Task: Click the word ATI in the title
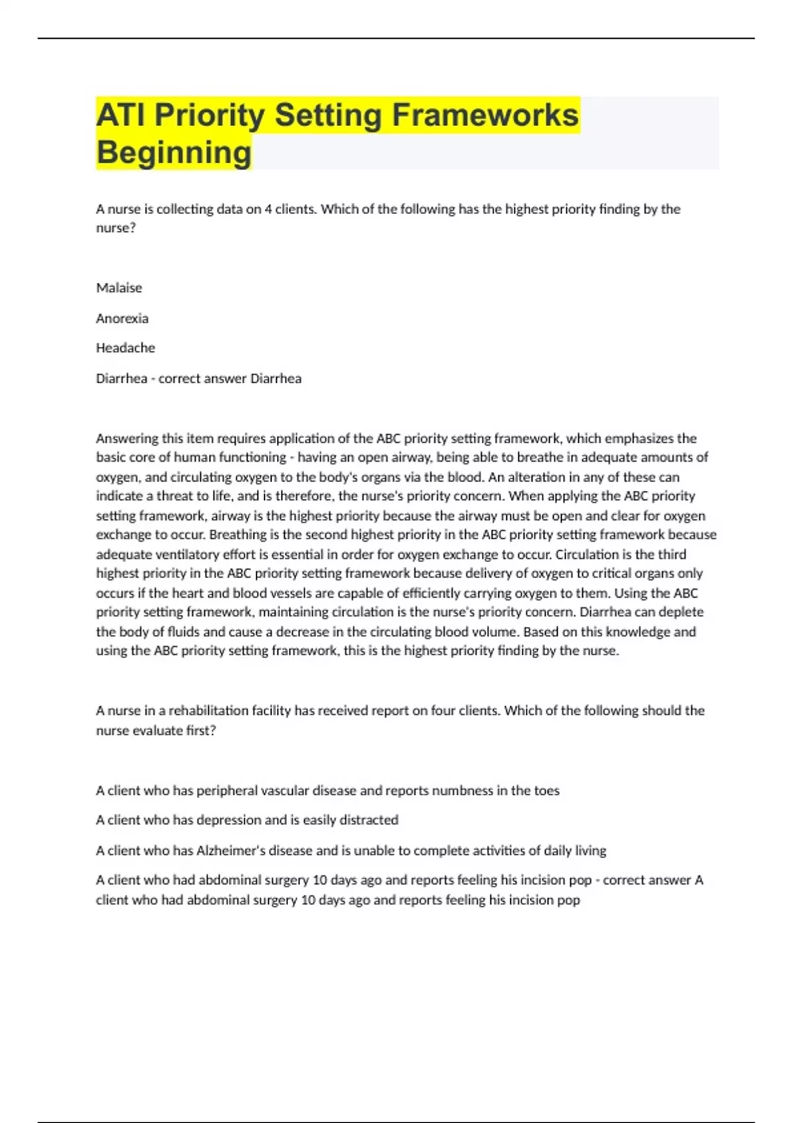122,115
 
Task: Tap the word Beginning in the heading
174,153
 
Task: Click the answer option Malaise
119,288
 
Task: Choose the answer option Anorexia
122,318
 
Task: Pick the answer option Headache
126,347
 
